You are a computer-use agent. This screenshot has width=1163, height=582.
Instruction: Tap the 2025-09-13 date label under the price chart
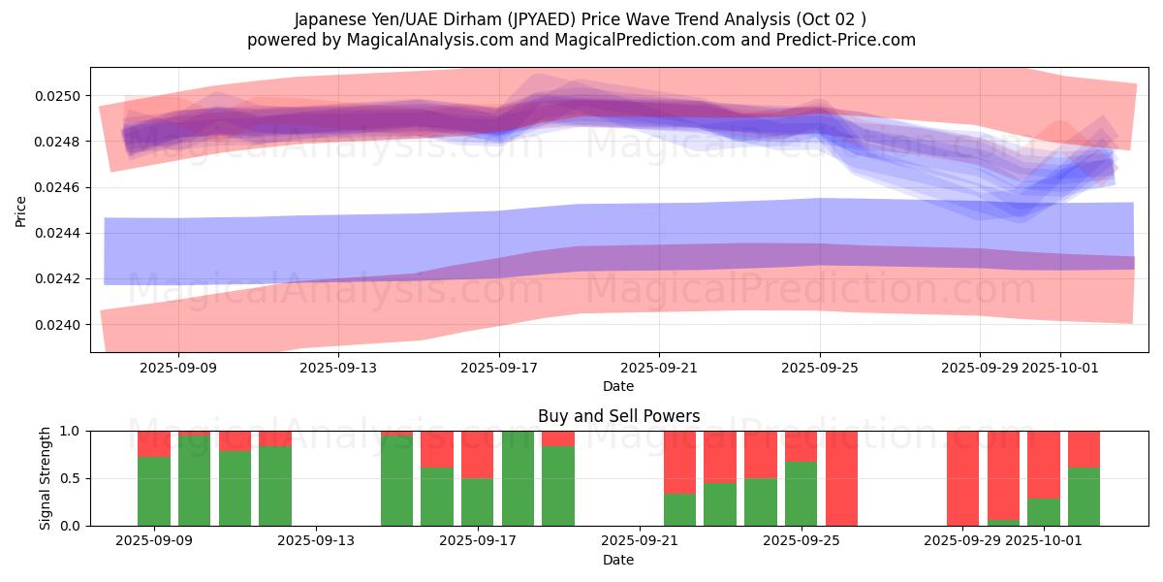coord(338,368)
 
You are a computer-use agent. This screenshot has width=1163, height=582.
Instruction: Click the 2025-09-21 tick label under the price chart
coord(659,368)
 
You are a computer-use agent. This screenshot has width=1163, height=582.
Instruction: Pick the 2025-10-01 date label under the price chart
coord(1060,368)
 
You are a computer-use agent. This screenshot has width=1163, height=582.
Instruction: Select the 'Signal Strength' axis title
coord(45,477)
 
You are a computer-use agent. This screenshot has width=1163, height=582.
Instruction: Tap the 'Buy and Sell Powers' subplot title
coord(618,416)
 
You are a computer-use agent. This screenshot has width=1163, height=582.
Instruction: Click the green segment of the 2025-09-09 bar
coord(154,491)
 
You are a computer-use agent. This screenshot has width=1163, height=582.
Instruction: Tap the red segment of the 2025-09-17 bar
coord(478,454)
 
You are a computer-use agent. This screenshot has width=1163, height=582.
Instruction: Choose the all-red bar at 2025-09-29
coord(962,478)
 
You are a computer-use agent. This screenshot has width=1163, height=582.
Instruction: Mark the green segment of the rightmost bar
coord(1084,497)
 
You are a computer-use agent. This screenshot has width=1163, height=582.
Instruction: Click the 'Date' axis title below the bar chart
coord(618,560)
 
